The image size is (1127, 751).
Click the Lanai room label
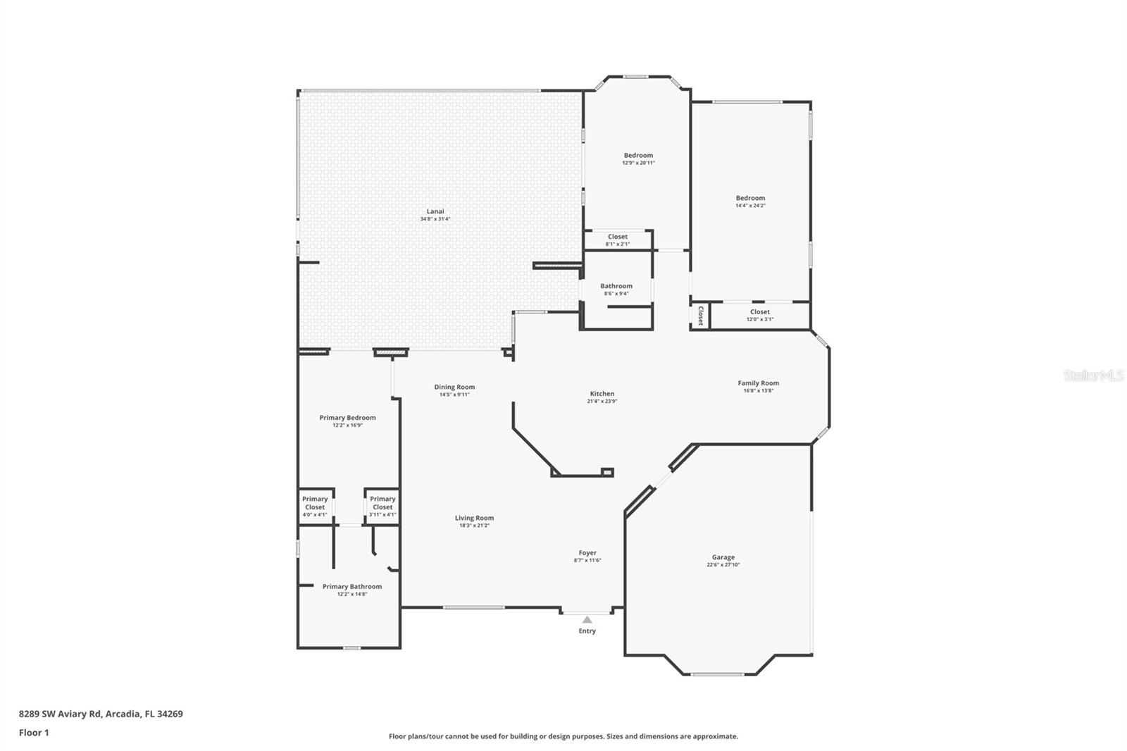click(x=435, y=211)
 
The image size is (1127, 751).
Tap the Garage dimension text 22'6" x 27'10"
click(x=723, y=565)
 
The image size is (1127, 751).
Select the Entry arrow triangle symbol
click(x=587, y=619)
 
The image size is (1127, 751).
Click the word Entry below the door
click(x=587, y=631)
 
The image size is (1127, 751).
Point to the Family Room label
click(x=758, y=383)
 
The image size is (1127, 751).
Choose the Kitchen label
click(x=602, y=394)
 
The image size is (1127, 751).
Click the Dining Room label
click(x=454, y=387)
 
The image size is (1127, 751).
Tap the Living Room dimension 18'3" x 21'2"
click(x=474, y=526)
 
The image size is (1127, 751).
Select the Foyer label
click(x=587, y=553)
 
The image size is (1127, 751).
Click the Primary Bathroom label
click(x=352, y=586)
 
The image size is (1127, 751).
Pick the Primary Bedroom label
click(x=347, y=418)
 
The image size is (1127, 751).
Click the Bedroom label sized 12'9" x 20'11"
click(x=638, y=155)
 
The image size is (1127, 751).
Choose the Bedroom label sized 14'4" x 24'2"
click(x=750, y=198)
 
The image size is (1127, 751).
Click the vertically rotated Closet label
click(x=701, y=315)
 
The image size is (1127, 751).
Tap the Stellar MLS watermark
click(x=1093, y=375)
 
